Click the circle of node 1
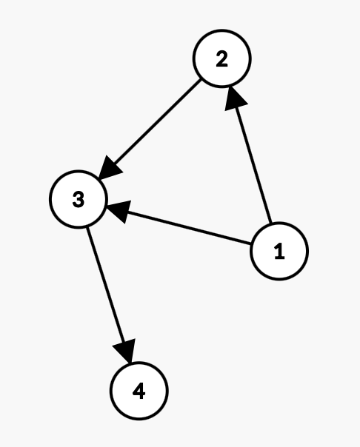pyautogui.click(x=279, y=251)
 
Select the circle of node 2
pyautogui.click(x=222, y=58)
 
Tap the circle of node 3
pyautogui.click(x=79, y=199)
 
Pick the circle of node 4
pyautogui.click(x=139, y=391)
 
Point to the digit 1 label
pyautogui.click(x=279, y=251)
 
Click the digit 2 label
pyautogui.click(x=222, y=58)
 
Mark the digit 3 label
pyautogui.click(x=79, y=199)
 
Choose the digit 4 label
pyautogui.click(x=139, y=391)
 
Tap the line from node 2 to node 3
pyautogui.click(x=150, y=130)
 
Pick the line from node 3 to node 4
pyautogui.click(x=109, y=295)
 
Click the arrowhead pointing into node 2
pyautogui.click(x=235, y=98)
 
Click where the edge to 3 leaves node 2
pyautogui.click(x=201, y=79)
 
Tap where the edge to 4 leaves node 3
pyautogui.click(x=87, y=227)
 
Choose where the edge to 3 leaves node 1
pyautogui.click(x=251, y=243)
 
